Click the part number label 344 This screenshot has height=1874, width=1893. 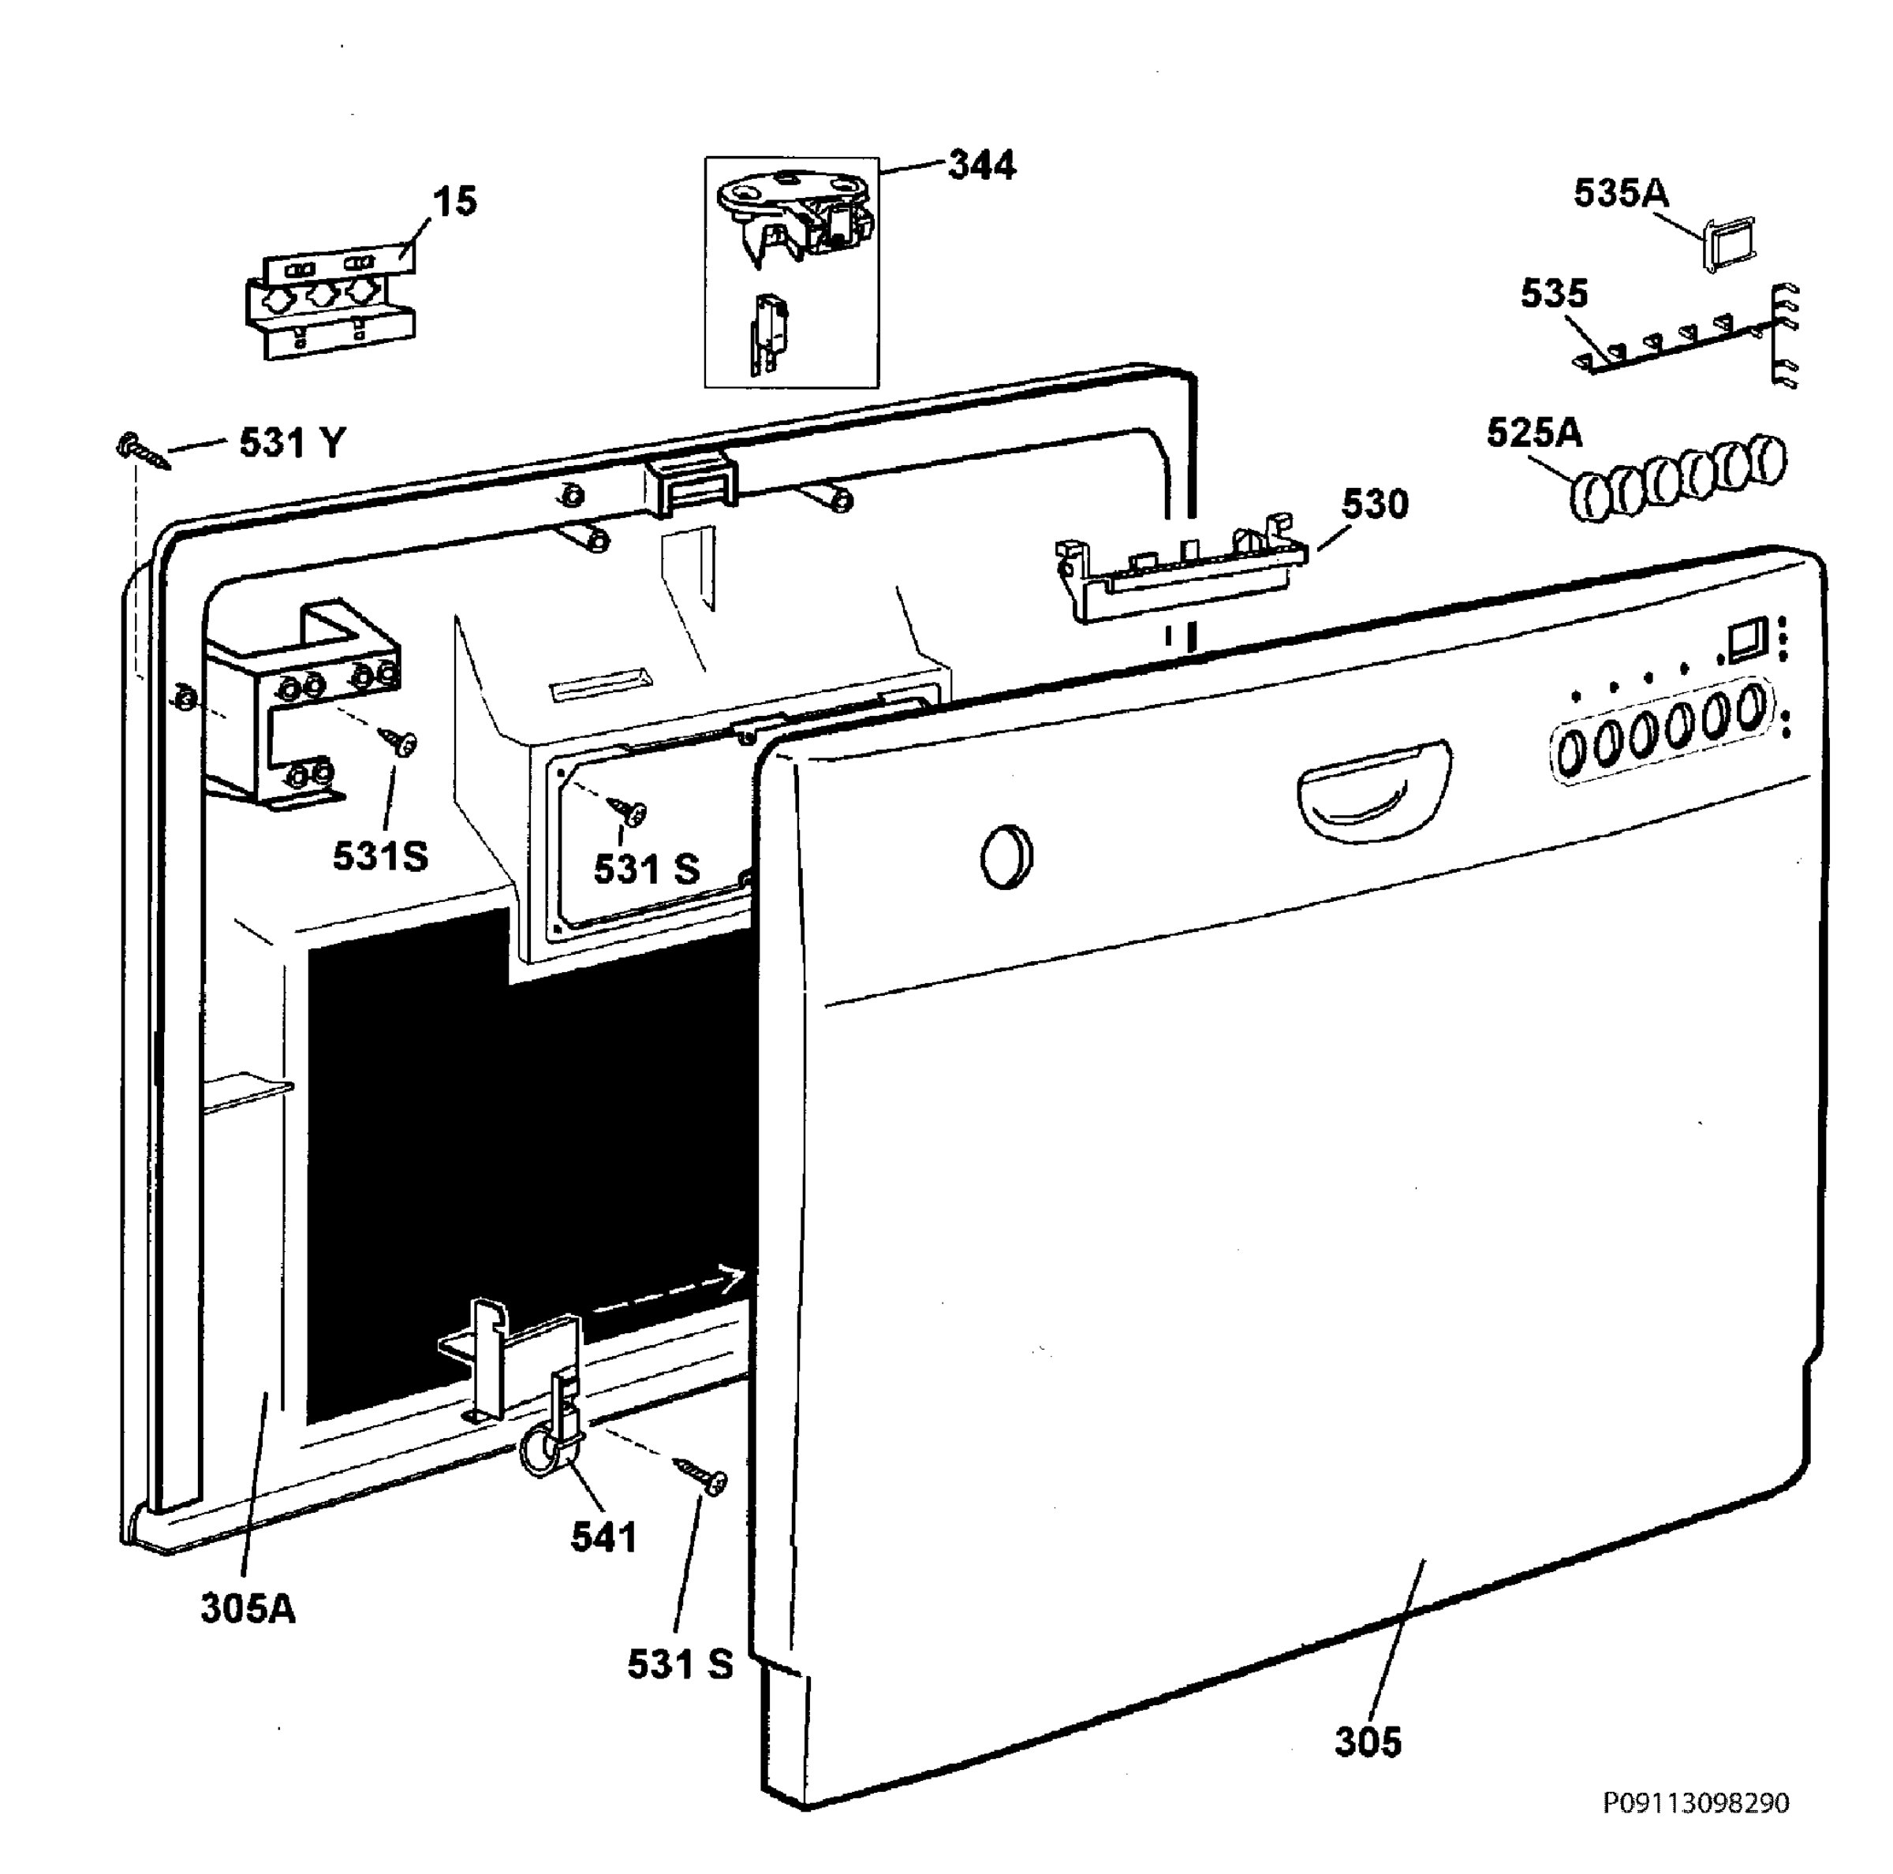coord(982,166)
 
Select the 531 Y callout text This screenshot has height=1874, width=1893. coord(293,444)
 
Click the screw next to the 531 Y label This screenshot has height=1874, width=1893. coord(143,452)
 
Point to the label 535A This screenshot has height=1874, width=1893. coord(1621,193)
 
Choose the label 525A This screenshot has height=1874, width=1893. coord(1533,433)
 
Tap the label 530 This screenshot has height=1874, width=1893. coord(1375,505)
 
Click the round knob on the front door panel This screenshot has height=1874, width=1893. coord(1006,856)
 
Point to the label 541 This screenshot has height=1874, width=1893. coord(604,1537)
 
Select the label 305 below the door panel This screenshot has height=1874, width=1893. coord(1368,1742)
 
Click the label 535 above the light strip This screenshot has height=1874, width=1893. coord(1554,294)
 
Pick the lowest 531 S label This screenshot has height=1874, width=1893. coord(680,1664)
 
